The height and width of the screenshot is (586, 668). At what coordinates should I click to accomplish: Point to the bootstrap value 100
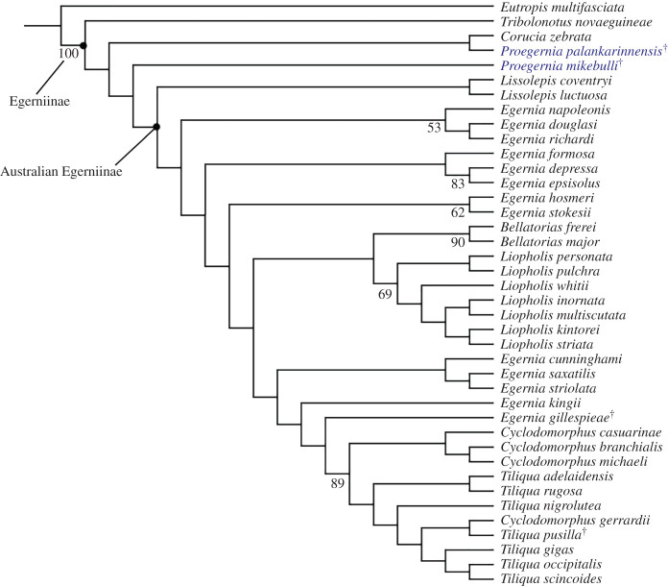67,54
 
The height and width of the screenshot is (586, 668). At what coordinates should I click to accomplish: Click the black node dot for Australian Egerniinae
156,126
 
